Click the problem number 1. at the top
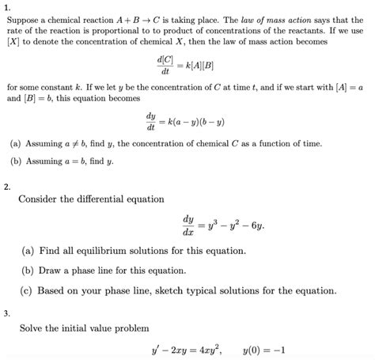[x=6, y=6]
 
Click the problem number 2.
[x=6, y=188]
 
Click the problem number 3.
[x=6, y=313]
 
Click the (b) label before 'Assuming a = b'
[x=17, y=161]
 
